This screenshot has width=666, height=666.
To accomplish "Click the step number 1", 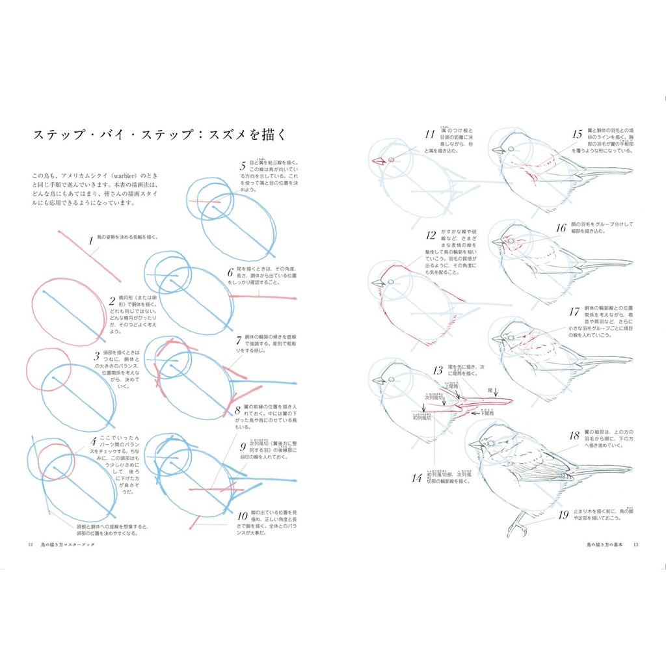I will [91, 241].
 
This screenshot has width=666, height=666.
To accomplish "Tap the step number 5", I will [243, 166].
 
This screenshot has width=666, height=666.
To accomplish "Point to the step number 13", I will [438, 371].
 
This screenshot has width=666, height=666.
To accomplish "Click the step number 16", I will [561, 228].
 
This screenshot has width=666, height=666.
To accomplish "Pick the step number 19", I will [563, 516].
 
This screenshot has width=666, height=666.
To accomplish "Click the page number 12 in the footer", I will [30, 544].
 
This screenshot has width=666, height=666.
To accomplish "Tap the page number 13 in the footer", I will [636, 544].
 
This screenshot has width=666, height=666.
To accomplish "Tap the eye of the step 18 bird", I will [490, 443].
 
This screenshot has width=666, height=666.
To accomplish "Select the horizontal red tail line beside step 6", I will [263, 297].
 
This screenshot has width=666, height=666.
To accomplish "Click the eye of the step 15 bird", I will [511, 149].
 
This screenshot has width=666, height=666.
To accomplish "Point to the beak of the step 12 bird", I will [377, 283].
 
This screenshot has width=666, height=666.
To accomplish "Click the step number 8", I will [238, 410].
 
